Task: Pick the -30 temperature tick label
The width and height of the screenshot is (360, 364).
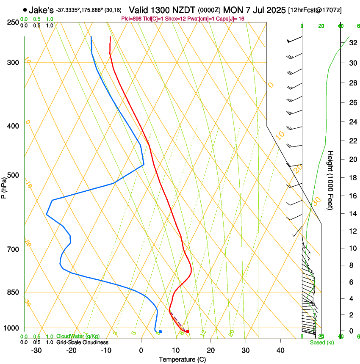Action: pyautogui.click(x=36, y=350)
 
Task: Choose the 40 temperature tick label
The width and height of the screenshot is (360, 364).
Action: pyautogui.click(x=280, y=350)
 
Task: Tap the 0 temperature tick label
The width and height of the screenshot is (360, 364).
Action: pyautogui.click(x=141, y=350)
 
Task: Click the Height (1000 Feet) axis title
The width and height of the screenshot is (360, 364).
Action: pyautogui.click(x=331, y=180)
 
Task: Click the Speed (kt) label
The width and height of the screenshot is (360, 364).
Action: pyautogui.click(x=322, y=342)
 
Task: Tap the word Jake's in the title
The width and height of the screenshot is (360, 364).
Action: pyautogui.click(x=41, y=10)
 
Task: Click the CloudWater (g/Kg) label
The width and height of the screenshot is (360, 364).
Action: pyautogui.click(x=78, y=336)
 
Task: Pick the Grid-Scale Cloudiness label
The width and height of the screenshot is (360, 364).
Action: pyautogui.click(x=82, y=342)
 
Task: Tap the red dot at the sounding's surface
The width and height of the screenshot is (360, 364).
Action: pyautogui.click(x=188, y=331)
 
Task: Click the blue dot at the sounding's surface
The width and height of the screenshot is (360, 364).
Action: pyautogui.click(x=160, y=331)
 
